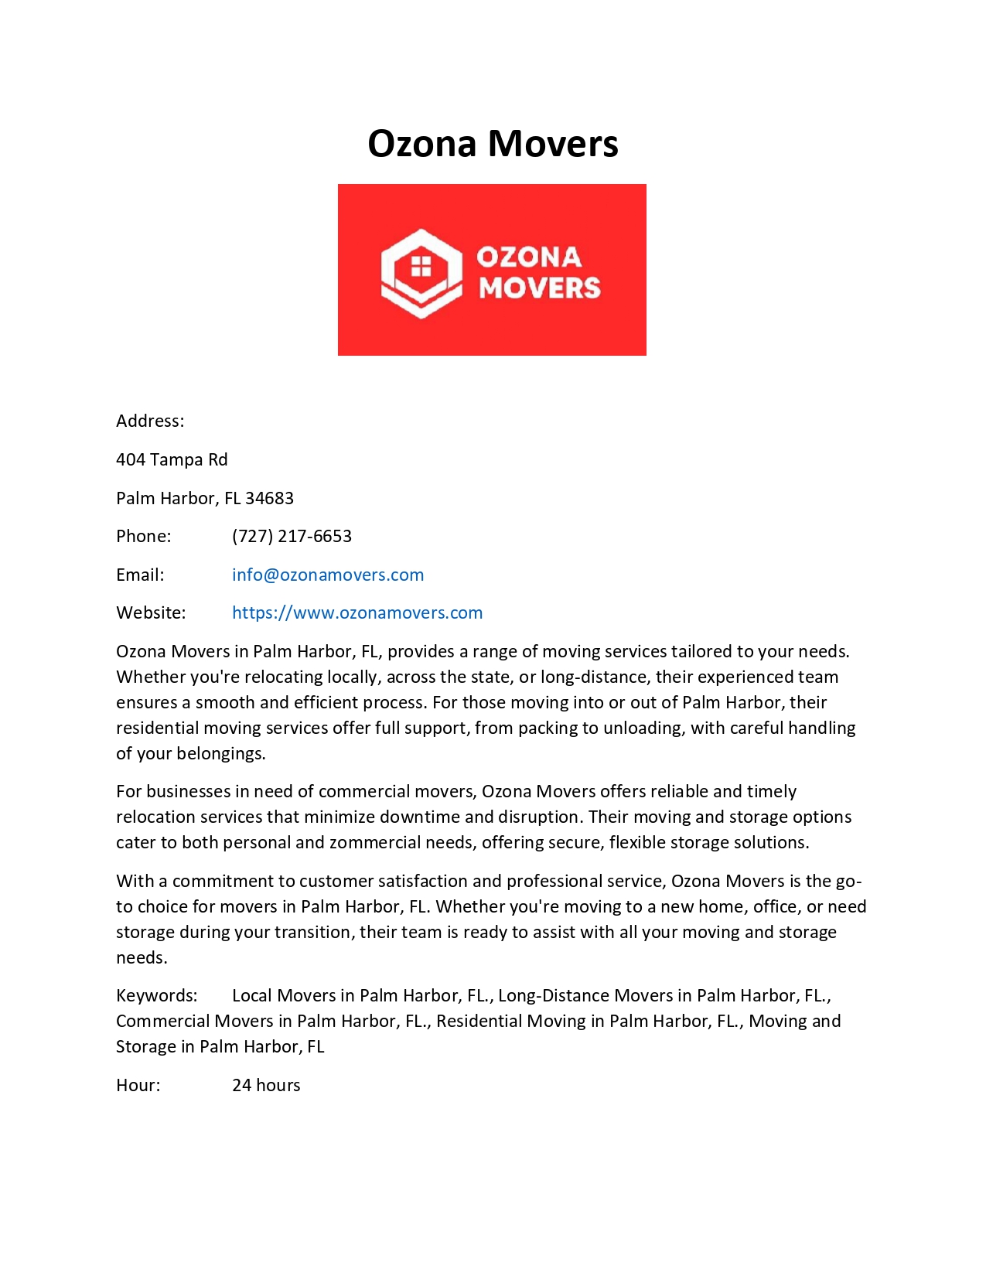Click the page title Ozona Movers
coord(493,144)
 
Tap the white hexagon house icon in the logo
coord(421,273)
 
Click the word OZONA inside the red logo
coord(529,257)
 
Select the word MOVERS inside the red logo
coord(539,288)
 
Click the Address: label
coord(150,421)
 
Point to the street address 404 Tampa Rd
coord(172,459)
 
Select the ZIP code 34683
coord(269,498)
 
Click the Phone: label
coord(144,536)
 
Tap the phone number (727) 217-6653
coord(292,536)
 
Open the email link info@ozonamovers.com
coord(328,575)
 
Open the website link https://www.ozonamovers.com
coord(357,612)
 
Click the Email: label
coord(140,575)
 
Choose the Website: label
coord(151,612)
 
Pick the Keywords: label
coord(157,995)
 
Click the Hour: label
coord(138,1085)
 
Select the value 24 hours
coord(266,1085)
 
